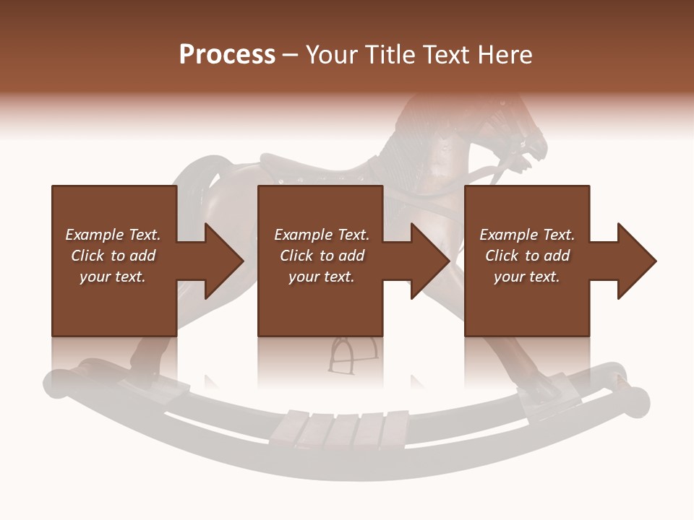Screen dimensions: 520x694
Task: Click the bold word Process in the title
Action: coord(227,55)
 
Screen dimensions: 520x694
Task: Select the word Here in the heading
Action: coord(504,55)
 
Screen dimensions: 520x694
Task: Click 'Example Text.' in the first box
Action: coord(113,235)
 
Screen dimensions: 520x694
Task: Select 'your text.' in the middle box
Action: coord(321,277)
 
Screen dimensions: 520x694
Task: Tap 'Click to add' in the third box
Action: coord(527,256)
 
